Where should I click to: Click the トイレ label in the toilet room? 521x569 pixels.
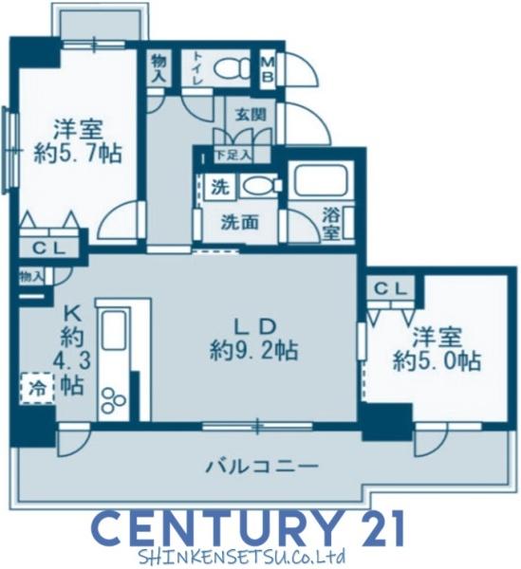coord(197,68)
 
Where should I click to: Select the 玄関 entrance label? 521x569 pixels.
coord(251,115)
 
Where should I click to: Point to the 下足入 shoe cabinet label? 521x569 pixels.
coord(233,156)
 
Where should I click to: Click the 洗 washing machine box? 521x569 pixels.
coord(220,187)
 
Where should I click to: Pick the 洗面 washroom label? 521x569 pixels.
coord(240,222)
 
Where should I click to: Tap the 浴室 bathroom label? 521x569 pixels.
coord(331,224)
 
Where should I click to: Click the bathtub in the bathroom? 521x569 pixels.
coord(320,181)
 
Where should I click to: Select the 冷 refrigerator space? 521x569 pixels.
coord(37,388)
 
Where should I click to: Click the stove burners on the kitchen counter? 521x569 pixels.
coord(113,400)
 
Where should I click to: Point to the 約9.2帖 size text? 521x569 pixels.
coord(253,350)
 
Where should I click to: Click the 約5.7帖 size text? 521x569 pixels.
coord(78,155)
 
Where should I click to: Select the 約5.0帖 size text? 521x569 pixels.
coord(437,360)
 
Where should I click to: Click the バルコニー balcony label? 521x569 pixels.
coord(262,466)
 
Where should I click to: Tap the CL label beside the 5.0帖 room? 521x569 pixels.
coord(390,289)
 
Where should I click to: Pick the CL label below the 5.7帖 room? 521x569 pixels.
coord(49,248)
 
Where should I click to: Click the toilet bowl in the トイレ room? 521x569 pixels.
coord(232,68)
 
